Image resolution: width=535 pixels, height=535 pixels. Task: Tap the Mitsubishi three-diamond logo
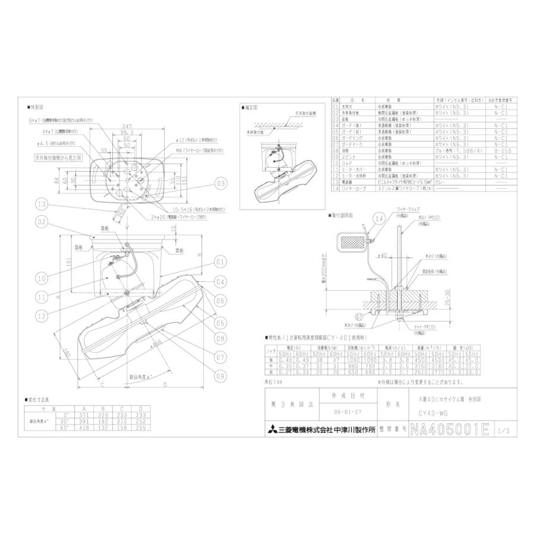click(270, 429)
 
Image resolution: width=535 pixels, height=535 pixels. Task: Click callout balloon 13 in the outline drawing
click(41, 204)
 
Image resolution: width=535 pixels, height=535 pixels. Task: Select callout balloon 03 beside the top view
click(221, 184)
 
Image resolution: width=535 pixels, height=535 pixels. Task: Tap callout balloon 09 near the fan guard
click(221, 375)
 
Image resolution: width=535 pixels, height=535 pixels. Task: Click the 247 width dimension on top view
click(124, 127)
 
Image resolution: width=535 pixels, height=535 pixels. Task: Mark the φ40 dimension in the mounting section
click(383, 255)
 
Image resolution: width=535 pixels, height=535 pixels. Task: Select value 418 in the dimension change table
click(85, 428)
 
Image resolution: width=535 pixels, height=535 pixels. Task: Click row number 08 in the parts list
click(335, 151)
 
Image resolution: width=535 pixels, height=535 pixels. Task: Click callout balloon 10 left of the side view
click(41, 277)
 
